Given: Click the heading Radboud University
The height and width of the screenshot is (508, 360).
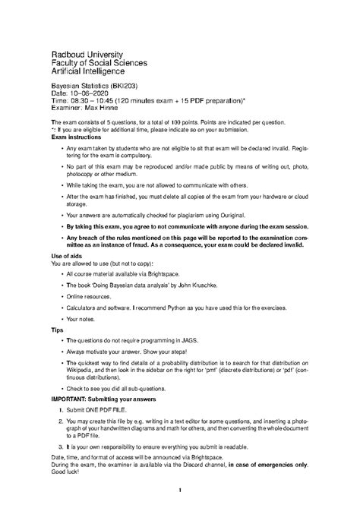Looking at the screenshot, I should point(93,55).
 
